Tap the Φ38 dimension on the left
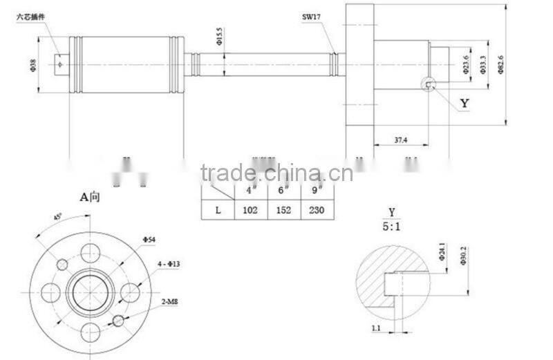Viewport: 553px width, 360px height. pyautogui.click(x=33, y=66)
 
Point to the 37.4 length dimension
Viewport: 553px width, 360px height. pyautogui.click(x=400, y=140)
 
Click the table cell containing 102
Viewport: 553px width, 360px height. pyautogui.click(x=250, y=210)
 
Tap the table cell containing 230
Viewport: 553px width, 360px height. pyautogui.click(x=317, y=210)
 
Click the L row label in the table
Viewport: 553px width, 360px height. pyautogui.click(x=218, y=210)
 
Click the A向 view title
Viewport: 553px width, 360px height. pyautogui.click(x=90, y=196)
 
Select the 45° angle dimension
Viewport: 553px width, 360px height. pyautogui.click(x=57, y=217)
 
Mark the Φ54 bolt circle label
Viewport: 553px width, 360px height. pyautogui.click(x=150, y=239)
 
